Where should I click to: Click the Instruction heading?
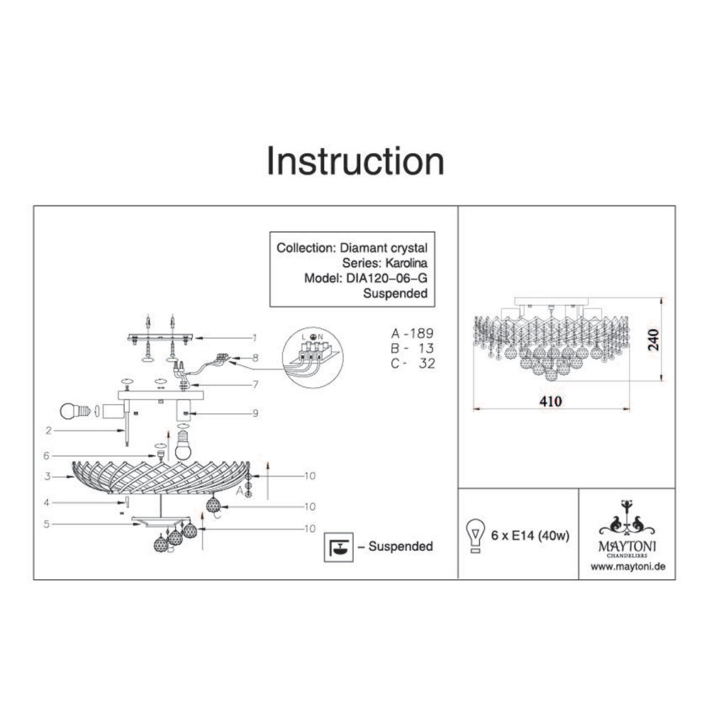coord(355,161)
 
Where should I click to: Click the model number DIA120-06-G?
coord(386,278)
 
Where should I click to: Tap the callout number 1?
coord(255,337)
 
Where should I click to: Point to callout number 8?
coord(255,358)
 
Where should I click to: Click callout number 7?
coord(255,384)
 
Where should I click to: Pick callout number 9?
coord(255,413)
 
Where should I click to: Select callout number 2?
coord(49,430)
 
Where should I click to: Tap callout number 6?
coord(46,456)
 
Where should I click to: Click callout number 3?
coord(48,476)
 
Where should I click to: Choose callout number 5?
coord(47,524)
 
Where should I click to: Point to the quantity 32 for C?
coord(426,364)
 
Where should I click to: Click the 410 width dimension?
coord(551,401)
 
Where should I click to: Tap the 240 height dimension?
coord(654,340)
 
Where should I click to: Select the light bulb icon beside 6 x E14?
coord(475,535)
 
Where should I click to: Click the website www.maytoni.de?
coord(628,566)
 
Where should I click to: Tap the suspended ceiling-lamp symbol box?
coord(338,547)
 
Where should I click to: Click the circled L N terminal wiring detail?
coord(313,357)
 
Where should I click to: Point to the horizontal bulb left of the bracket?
coord(76,411)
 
